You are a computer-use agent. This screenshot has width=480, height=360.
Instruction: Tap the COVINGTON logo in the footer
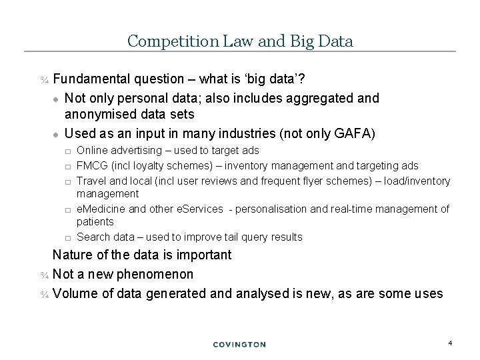(x=239, y=344)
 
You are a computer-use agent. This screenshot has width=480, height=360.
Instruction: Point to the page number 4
(x=451, y=343)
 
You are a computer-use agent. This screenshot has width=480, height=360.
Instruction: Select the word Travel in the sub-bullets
(x=91, y=181)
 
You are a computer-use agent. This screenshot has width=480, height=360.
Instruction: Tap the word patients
(x=95, y=221)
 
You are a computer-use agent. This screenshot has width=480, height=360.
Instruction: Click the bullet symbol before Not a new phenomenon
(x=44, y=275)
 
